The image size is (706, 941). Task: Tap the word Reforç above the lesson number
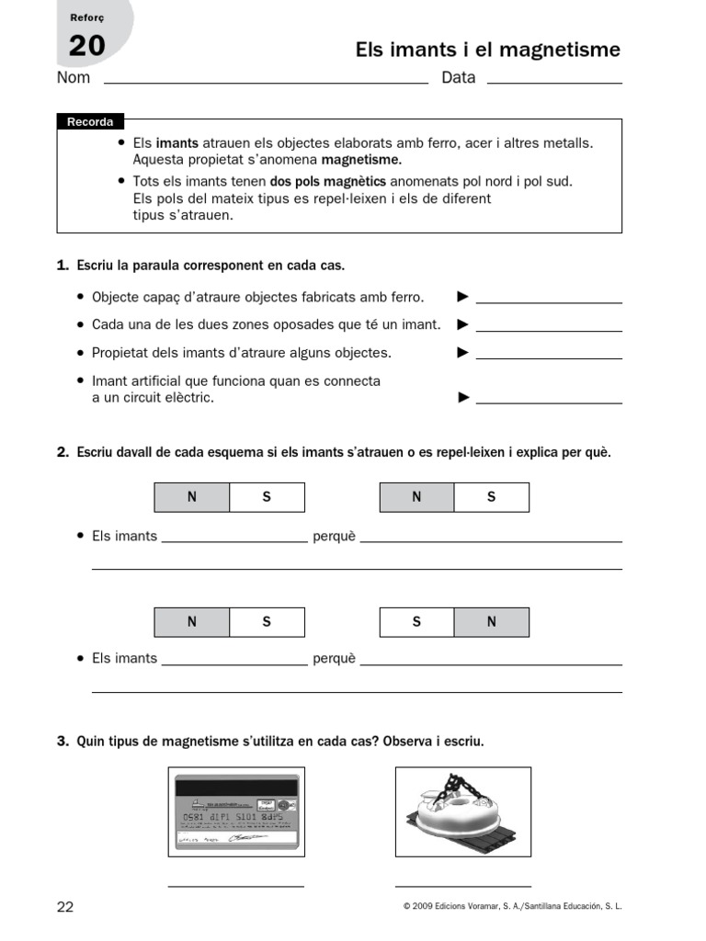coord(87,18)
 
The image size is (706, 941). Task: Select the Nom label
coord(74,78)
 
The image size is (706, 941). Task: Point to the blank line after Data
coord(553,83)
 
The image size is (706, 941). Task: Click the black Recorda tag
coord(90,122)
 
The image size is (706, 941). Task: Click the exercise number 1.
coord(63,266)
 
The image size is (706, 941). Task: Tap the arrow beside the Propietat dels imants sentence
coord(463,352)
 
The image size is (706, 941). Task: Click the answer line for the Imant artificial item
coord(549,402)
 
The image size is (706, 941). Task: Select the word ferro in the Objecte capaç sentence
coord(404,297)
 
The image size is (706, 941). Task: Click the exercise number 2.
coord(63,453)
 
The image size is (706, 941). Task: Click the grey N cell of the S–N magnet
coord(491,622)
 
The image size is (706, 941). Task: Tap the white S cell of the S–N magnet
coord(416,622)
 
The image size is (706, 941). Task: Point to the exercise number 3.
coord(63,741)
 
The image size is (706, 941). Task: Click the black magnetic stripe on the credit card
coord(237,788)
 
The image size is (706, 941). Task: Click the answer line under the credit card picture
coord(235,886)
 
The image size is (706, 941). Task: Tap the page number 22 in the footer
coord(65,907)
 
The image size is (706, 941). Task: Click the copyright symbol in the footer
coord(406,907)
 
